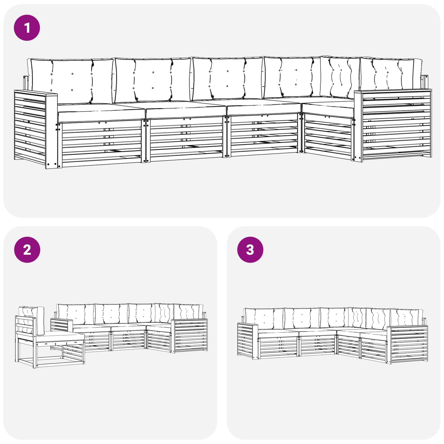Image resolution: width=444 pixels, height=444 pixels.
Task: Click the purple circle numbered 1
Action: pos(27,28)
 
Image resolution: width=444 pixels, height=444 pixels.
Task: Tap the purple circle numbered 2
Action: pos(27,250)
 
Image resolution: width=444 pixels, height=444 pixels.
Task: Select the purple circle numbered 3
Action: pos(250,250)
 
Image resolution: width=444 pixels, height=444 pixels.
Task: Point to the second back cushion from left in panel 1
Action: pos(153,80)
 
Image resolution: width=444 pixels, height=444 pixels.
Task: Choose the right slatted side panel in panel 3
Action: pos(407,344)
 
